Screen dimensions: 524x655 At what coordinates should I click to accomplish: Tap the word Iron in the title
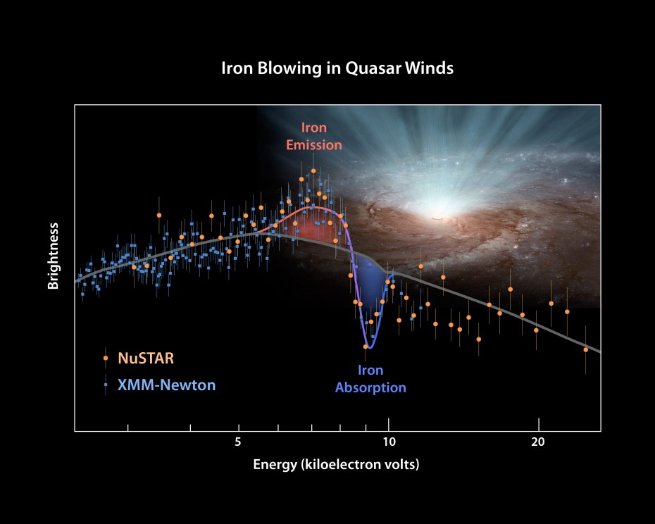tap(238, 68)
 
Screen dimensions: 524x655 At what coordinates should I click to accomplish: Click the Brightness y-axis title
tap(54, 256)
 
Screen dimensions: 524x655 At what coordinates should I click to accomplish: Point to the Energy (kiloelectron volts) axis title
tap(336, 465)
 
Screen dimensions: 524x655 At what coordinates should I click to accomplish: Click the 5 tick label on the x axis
tap(238, 444)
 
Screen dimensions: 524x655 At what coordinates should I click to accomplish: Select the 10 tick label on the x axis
tap(388, 444)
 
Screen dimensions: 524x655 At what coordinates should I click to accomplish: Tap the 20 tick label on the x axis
tap(538, 444)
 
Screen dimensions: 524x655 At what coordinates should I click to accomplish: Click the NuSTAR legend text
tap(146, 358)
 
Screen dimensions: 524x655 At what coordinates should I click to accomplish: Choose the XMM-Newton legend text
tap(167, 385)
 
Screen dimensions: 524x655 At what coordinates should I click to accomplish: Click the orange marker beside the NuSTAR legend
tap(106, 358)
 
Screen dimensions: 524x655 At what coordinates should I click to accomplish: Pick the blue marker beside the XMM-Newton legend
tap(106, 385)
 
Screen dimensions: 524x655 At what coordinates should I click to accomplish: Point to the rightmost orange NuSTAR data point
tap(585, 349)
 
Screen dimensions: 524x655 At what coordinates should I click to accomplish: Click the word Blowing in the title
tap(292, 68)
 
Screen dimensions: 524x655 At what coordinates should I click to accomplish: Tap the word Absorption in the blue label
tap(370, 387)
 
